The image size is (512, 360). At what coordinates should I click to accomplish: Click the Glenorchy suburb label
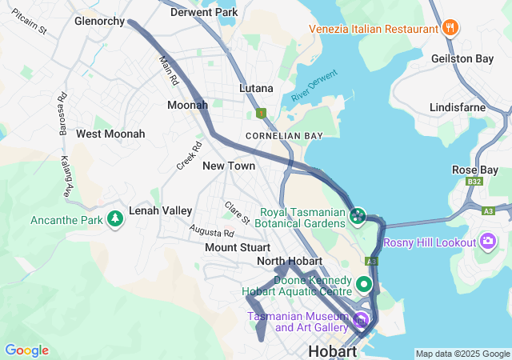coord(99,22)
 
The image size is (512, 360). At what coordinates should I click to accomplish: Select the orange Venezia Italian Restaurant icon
coord(450,28)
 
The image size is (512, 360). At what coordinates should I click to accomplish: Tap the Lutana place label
coord(256,88)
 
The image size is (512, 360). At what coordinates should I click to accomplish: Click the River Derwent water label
coord(314,85)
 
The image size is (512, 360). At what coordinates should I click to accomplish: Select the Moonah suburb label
coord(187,105)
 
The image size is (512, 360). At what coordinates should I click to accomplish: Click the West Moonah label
coord(110,134)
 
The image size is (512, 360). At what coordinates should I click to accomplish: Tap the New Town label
coord(229,166)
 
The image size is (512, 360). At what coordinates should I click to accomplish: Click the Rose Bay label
coord(475,170)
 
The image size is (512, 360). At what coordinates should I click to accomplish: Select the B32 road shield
coord(475,182)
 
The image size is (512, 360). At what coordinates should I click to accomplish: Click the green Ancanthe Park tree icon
coord(115,218)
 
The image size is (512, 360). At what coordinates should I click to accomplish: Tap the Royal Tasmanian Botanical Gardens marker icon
coord(358,215)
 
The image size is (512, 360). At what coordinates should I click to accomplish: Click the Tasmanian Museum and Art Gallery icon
coord(361,322)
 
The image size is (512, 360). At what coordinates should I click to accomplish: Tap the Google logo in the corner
coord(26,350)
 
